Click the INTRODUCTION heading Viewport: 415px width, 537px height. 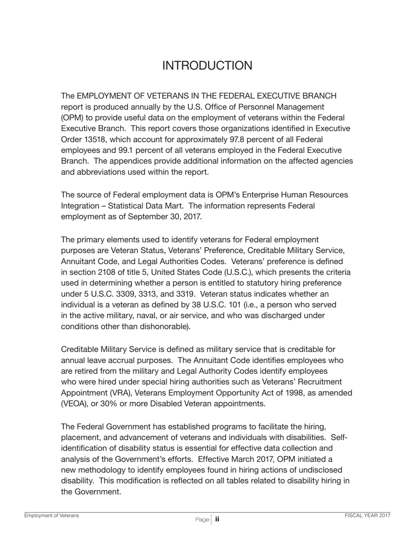207,65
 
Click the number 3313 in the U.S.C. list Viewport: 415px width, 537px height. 149,283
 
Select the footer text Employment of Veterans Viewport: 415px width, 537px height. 52,516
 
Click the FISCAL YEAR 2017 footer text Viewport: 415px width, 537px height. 367,516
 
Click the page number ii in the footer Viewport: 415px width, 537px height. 217,520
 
